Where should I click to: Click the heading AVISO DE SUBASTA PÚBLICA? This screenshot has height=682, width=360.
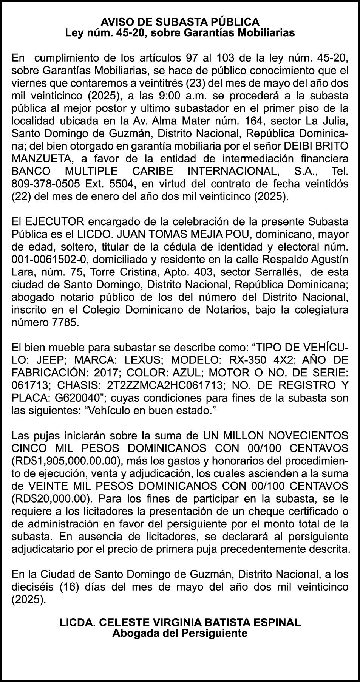click(180, 22)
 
